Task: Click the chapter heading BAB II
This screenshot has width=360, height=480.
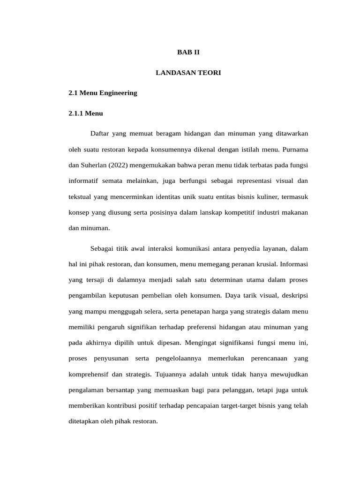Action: (x=188, y=52)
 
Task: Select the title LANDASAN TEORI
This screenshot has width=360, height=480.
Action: (x=188, y=73)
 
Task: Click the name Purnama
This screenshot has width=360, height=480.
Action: (x=296, y=150)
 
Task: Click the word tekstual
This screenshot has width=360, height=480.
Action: (x=80, y=196)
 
